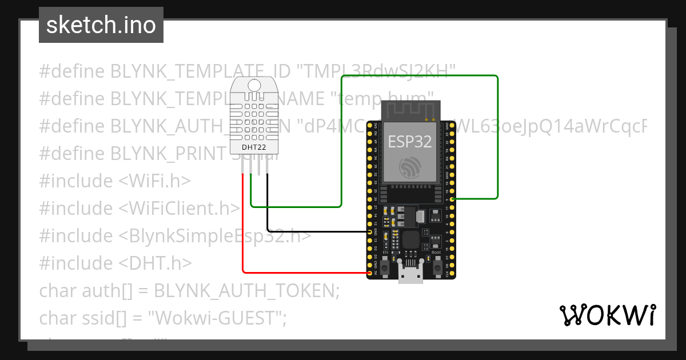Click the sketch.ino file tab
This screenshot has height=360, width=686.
pyautogui.click(x=101, y=26)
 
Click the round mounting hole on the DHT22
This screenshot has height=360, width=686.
pyautogui.click(x=254, y=86)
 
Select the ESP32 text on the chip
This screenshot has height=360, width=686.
pyautogui.click(x=409, y=141)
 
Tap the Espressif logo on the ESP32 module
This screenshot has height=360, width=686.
pyautogui.click(x=411, y=166)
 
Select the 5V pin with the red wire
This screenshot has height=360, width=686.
pyautogui.click(x=369, y=273)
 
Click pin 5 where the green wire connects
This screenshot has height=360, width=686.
pyautogui.click(x=453, y=199)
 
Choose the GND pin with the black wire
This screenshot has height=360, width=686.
pyautogui.click(x=369, y=232)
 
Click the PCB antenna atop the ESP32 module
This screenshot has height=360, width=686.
pyautogui.click(x=411, y=110)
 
